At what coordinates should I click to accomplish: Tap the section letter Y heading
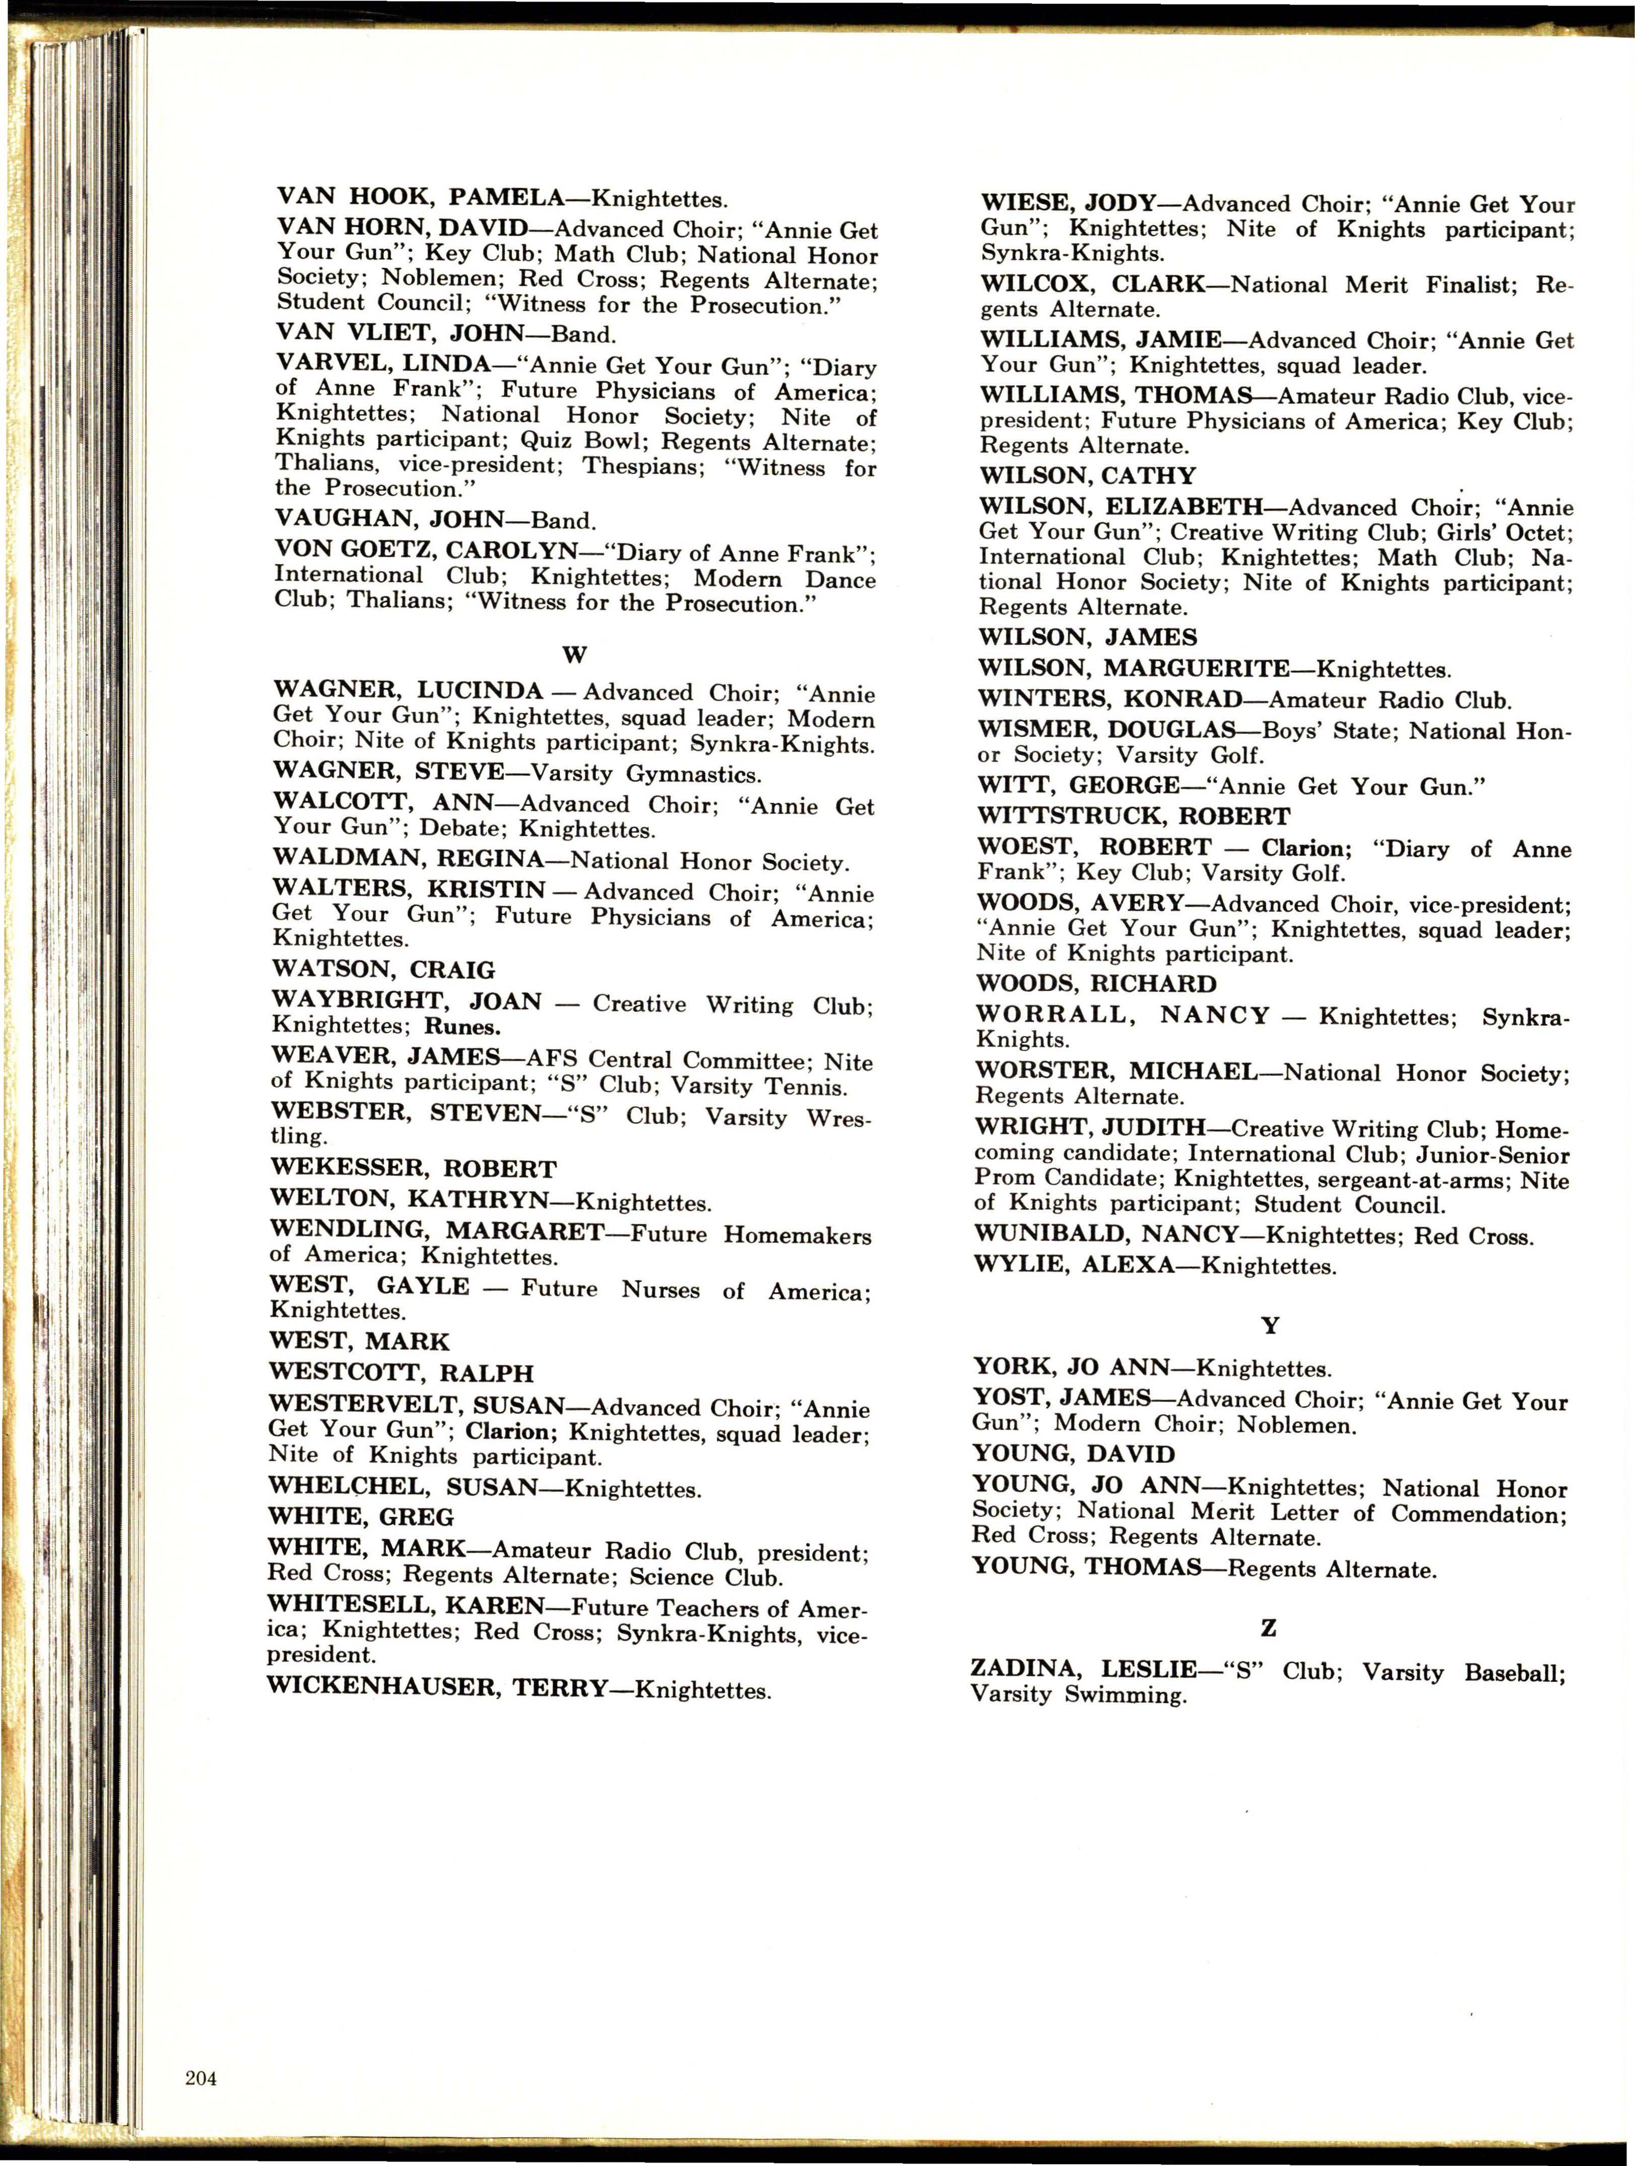click(1270, 1326)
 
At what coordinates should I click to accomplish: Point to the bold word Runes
click(463, 1027)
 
